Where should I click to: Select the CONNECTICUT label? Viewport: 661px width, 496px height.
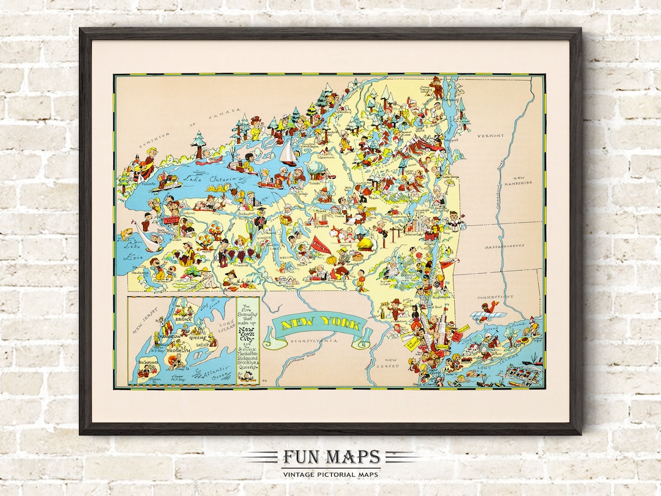496,296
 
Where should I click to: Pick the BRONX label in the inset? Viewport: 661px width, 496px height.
183,319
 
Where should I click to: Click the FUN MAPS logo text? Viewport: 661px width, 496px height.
330,457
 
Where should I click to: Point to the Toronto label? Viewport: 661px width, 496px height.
146,182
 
